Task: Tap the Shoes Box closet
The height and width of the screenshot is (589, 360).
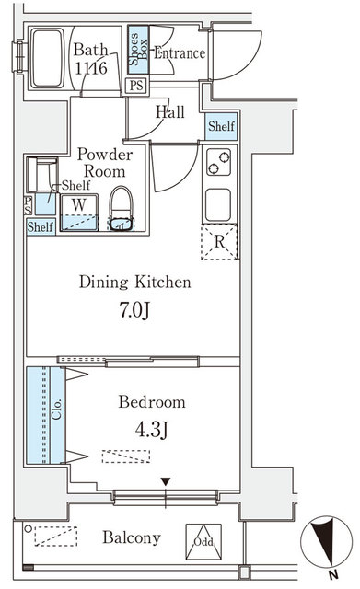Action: [x=138, y=52]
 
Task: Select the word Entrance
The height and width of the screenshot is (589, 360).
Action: [x=179, y=53]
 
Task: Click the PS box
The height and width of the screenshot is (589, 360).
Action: [x=136, y=87]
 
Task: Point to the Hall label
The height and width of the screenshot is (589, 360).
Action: [x=169, y=112]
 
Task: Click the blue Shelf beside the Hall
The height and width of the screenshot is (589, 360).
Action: [x=221, y=126]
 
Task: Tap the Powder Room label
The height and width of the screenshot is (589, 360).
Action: [x=104, y=162]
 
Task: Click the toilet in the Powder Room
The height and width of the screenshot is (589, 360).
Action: [x=122, y=209]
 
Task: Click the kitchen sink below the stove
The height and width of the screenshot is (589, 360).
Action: [x=219, y=203]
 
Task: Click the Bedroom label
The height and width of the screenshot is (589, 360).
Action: [x=152, y=402]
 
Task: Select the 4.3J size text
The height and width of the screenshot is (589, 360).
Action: [x=152, y=429]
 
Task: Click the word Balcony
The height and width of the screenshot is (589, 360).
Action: [x=132, y=538]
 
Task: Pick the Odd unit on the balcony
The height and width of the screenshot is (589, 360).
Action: [x=203, y=539]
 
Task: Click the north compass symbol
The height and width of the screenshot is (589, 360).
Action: [x=323, y=542]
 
